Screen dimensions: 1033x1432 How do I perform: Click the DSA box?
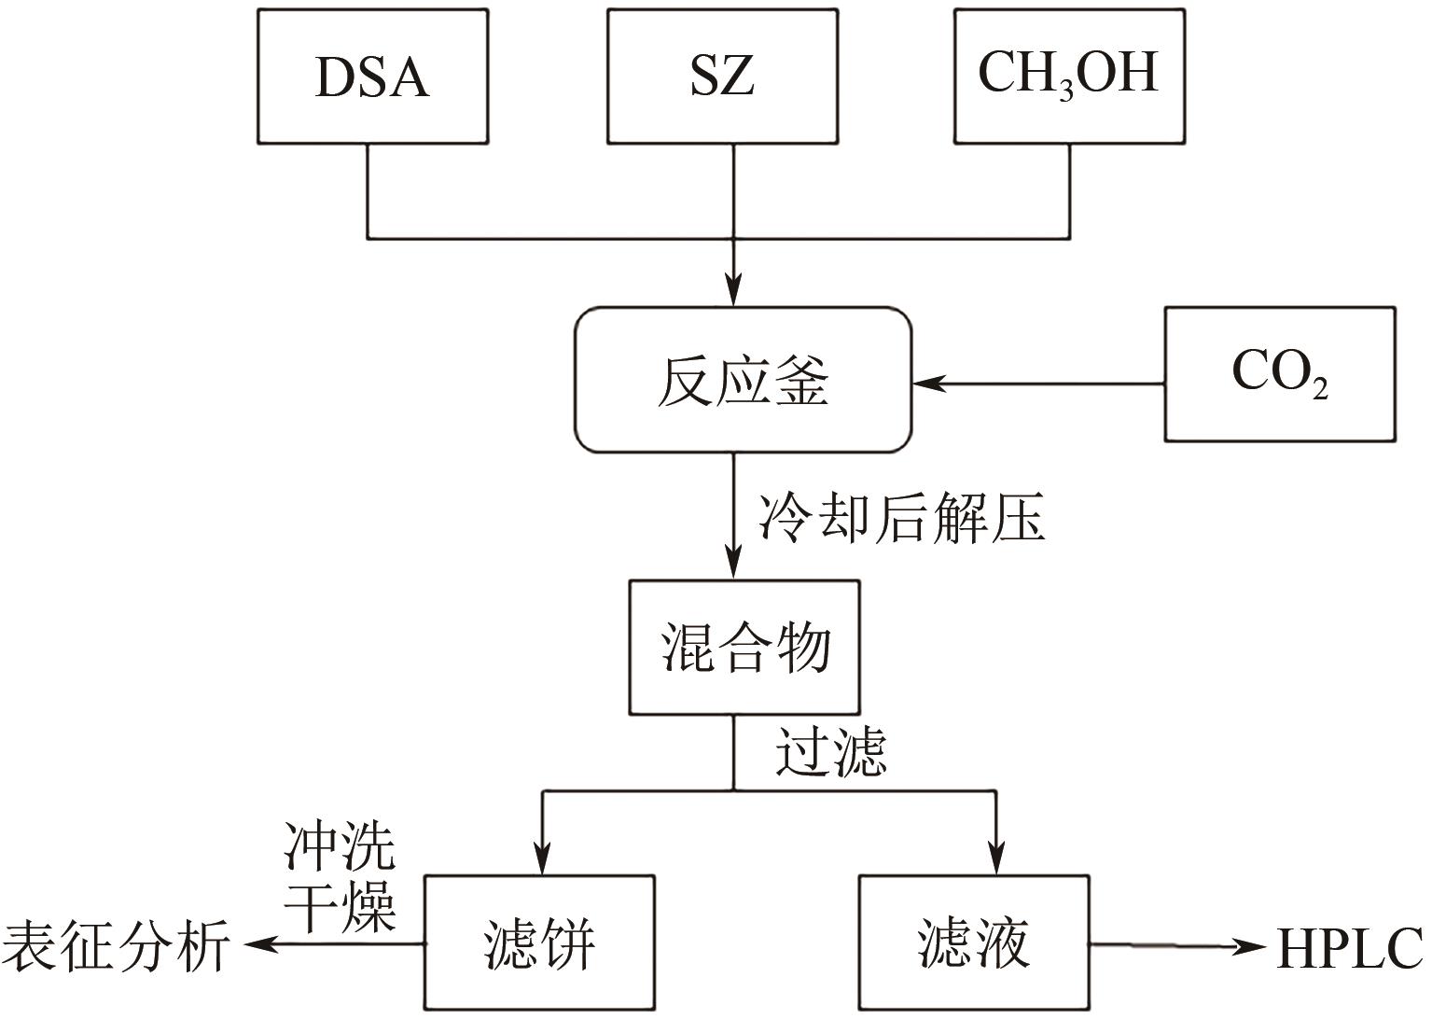point(372,77)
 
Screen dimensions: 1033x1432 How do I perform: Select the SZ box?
point(722,77)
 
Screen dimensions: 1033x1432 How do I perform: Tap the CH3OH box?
point(1069,77)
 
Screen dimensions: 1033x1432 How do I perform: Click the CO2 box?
point(1280,374)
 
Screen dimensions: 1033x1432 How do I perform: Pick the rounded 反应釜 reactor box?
point(743,381)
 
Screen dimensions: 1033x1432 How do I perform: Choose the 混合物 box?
point(744,648)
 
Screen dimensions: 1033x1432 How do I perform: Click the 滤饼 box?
point(539,943)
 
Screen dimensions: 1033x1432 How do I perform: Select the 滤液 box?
point(974,943)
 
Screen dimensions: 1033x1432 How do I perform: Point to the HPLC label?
point(1350,948)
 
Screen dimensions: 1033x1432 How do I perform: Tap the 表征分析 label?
point(117,946)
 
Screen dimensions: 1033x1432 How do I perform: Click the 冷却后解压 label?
point(901,518)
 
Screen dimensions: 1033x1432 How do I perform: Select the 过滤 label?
point(830,750)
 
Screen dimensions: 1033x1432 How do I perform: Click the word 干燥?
point(340,903)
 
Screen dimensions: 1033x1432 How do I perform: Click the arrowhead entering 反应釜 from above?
point(734,292)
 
